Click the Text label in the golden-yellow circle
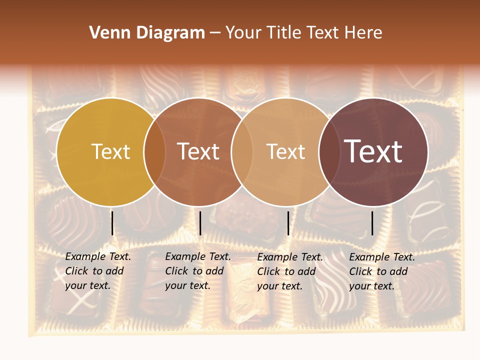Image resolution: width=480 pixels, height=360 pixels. [110, 151]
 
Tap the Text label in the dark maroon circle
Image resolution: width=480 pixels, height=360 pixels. [373, 151]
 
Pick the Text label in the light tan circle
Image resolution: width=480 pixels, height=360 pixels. [285, 151]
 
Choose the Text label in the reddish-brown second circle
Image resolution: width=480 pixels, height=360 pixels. [198, 151]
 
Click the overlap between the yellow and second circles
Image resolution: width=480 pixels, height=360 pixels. [154, 152]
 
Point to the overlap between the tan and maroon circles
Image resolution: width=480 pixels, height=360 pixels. [329, 152]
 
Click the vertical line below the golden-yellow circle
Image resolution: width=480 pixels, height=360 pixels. [112, 223]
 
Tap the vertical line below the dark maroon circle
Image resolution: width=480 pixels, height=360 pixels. [372, 223]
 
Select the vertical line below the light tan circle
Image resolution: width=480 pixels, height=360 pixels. [288, 223]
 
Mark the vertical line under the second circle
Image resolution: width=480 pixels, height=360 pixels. [200, 223]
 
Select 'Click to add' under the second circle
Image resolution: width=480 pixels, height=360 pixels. [194, 271]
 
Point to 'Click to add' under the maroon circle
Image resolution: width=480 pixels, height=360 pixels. [378, 271]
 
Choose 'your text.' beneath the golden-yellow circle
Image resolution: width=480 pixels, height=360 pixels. [87, 286]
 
